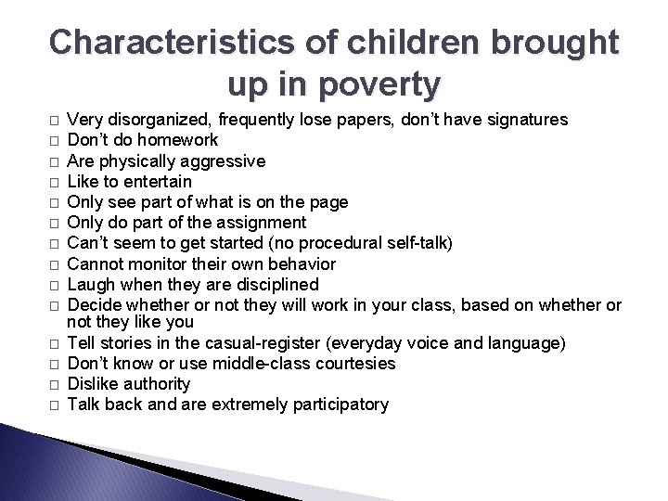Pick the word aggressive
(225, 161)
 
